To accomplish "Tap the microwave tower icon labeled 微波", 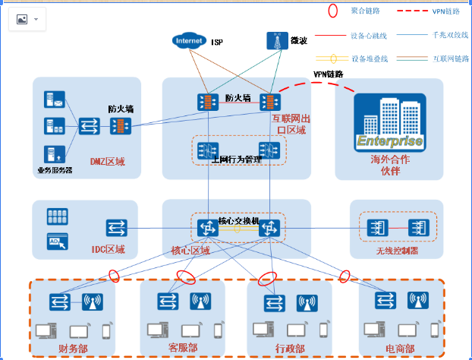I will (273, 43).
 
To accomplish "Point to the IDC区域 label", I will (108, 249).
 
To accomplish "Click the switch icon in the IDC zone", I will (116, 227).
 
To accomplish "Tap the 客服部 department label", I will (183, 348).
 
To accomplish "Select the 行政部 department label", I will (289, 349).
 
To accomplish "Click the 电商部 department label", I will (400, 349).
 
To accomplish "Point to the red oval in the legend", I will (332, 11).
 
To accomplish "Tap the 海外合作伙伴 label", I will (385, 165).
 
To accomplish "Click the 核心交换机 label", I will (239, 220).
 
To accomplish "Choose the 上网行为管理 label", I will (236, 159).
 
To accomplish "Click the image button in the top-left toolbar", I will (21, 19).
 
